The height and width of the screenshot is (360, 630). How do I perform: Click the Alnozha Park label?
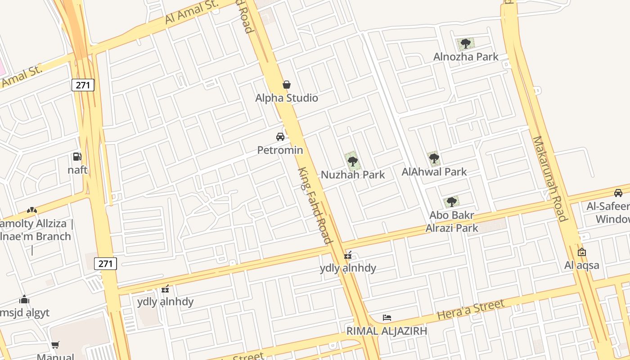click(x=466, y=57)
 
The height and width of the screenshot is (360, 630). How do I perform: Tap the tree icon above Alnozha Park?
click(x=466, y=44)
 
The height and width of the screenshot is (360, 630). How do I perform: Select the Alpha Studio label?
click(x=287, y=98)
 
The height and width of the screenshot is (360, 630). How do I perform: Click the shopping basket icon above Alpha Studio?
click(x=286, y=85)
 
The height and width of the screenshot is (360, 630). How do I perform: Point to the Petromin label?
click(x=280, y=150)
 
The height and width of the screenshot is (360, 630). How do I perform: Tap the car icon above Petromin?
click(x=280, y=136)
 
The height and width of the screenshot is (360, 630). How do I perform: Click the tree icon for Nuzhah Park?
click(x=352, y=161)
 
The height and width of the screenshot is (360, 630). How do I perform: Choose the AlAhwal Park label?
click(x=434, y=171)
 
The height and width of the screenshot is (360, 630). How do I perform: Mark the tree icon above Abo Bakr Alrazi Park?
click(x=451, y=202)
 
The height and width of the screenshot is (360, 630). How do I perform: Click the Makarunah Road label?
click(x=549, y=179)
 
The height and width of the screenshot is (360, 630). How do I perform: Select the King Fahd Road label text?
click(x=315, y=205)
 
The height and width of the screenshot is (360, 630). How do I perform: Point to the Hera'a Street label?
click(x=471, y=310)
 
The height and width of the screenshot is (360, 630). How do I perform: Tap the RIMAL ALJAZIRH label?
click(x=387, y=331)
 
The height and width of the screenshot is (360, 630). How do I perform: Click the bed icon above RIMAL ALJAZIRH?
click(x=387, y=318)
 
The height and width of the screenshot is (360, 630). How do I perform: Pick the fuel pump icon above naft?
click(x=77, y=157)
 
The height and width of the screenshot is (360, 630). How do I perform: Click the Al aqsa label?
click(x=582, y=265)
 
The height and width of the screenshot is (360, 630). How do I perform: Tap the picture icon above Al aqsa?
click(x=581, y=252)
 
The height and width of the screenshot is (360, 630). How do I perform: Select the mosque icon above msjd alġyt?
click(x=24, y=300)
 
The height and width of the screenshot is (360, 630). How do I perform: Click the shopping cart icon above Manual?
click(x=55, y=345)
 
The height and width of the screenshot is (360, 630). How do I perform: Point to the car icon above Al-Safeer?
click(x=618, y=193)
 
